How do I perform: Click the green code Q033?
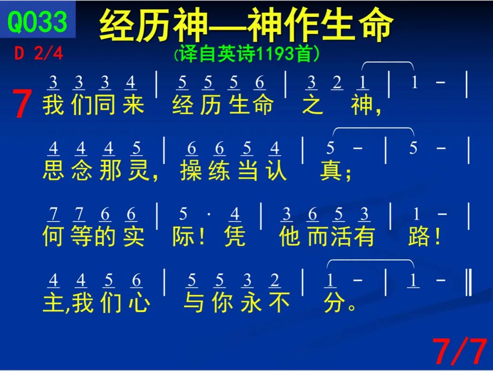coord(37,21)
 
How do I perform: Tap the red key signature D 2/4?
coord(39,53)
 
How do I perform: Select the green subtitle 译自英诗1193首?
coord(247,54)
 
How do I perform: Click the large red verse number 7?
coord(22,104)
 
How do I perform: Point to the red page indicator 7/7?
coord(460,351)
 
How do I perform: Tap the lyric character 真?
coord(331,170)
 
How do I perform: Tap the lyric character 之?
coord(313,105)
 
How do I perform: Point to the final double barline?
coord(468,282)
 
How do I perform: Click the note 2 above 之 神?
coord(337,83)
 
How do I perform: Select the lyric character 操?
coord(191,170)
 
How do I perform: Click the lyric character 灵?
coord(139,170)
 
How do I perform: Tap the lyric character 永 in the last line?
coord(251,302)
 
